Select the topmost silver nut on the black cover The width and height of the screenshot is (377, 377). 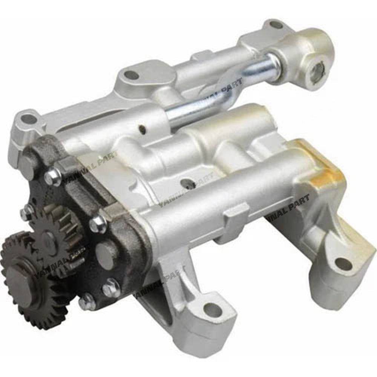(53, 177)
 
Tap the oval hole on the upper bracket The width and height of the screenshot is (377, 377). (132, 75)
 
